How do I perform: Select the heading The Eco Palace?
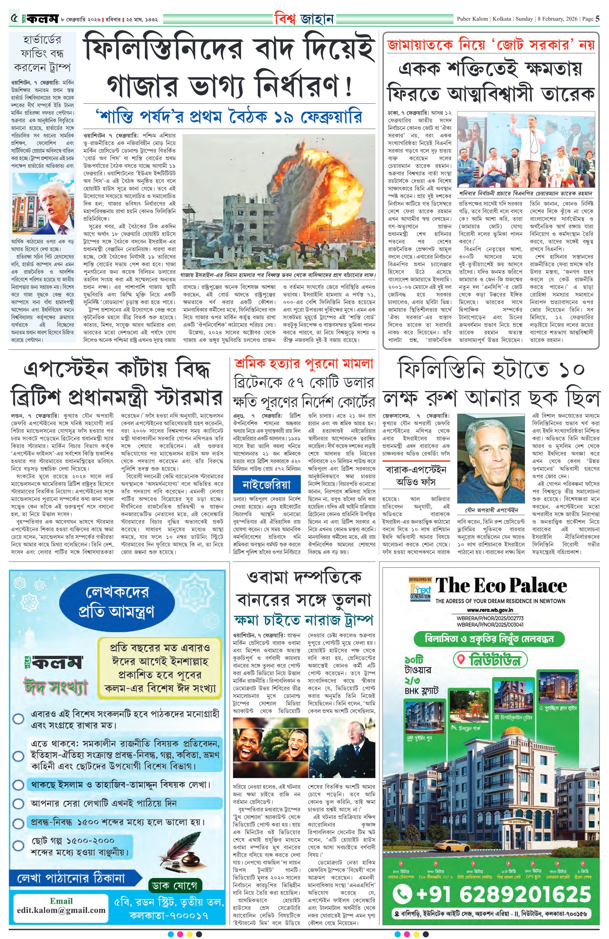(x=501, y=585)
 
